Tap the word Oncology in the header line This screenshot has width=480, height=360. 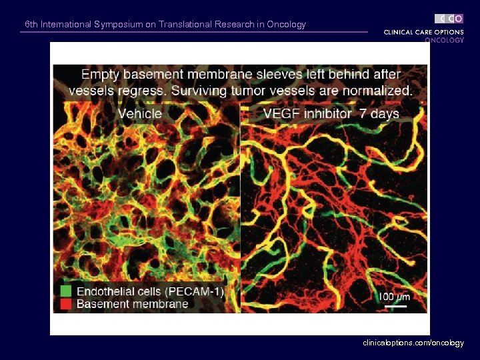pos(286,25)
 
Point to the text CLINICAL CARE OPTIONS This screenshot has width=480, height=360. pos(423,32)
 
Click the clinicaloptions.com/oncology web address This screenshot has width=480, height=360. pos(413,343)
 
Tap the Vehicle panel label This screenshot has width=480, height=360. pos(140,113)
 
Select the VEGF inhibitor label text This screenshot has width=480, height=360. pos(307,113)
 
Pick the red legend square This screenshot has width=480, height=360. pos(65,304)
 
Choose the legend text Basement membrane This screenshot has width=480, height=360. pos(132,304)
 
